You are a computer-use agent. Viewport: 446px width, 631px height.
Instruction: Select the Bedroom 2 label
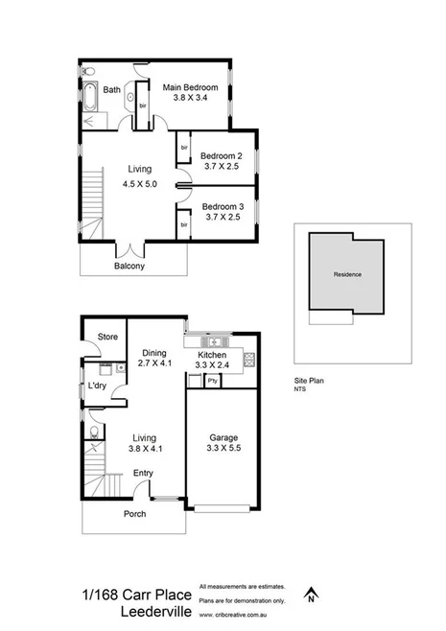[x=222, y=156]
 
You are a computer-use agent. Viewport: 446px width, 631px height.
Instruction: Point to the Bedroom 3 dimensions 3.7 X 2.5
[x=222, y=218]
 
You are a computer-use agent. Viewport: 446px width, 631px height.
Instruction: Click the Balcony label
[x=129, y=266]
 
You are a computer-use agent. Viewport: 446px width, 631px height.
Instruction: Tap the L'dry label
[x=97, y=386]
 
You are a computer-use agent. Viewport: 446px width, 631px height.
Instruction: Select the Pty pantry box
[x=212, y=382]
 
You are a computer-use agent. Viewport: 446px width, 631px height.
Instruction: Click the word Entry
[x=143, y=473]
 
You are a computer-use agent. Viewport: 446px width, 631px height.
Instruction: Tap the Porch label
[x=134, y=514]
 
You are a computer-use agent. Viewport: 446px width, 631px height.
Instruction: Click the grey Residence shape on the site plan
[x=347, y=274]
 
